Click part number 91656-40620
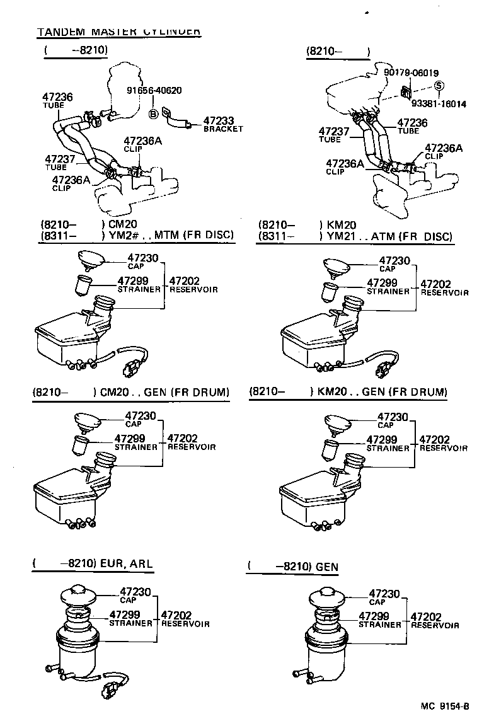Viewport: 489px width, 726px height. point(154,91)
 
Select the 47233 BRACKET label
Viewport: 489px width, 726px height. point(222,124)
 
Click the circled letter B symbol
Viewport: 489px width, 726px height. point(152,113)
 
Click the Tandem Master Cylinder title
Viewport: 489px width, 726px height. point(118,31)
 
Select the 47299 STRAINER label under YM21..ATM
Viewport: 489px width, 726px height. point(388,287)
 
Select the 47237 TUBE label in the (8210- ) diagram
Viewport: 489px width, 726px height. point(333,134)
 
